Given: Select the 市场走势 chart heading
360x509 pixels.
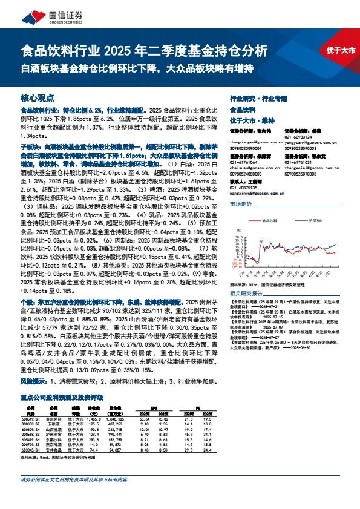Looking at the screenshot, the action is pyautogui.click(x=240, y=205).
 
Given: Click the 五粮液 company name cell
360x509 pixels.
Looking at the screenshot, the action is pyautogui.click(x=56, y=424).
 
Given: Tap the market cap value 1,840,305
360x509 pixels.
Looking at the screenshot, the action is pyautogui.click(x=114, y=419).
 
